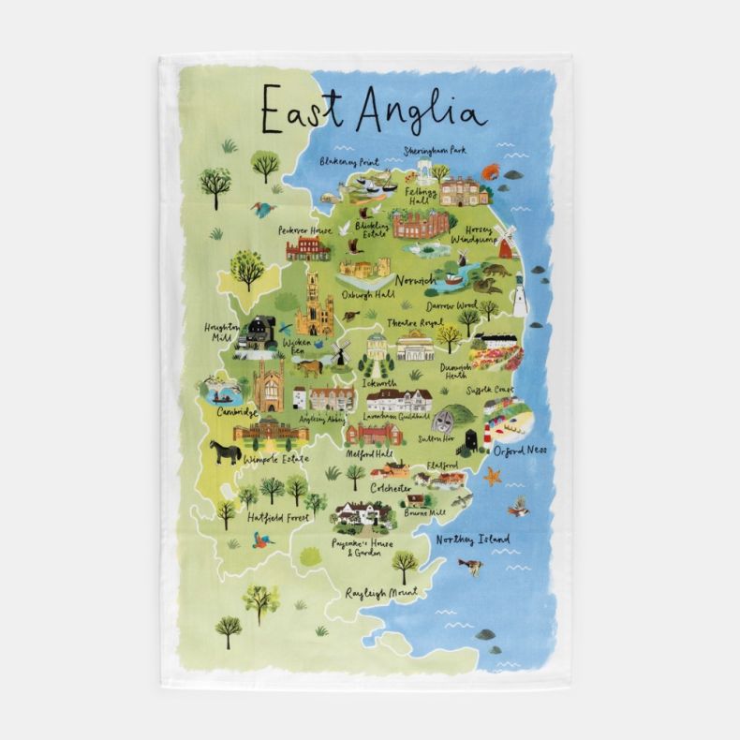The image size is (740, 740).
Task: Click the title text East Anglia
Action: pos(373,108)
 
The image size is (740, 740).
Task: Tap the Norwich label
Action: pos(415,281)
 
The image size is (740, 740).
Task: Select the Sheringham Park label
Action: pos(435,150)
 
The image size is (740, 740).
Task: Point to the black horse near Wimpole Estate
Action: pos(225,452)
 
